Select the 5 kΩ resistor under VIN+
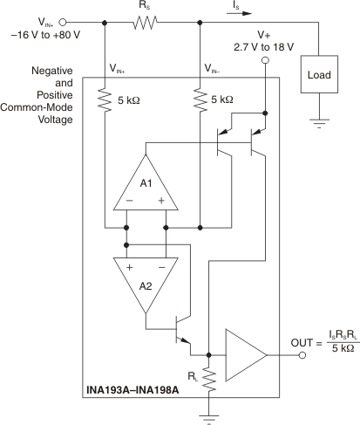[105, 101]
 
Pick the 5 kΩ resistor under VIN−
[200, 101]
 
